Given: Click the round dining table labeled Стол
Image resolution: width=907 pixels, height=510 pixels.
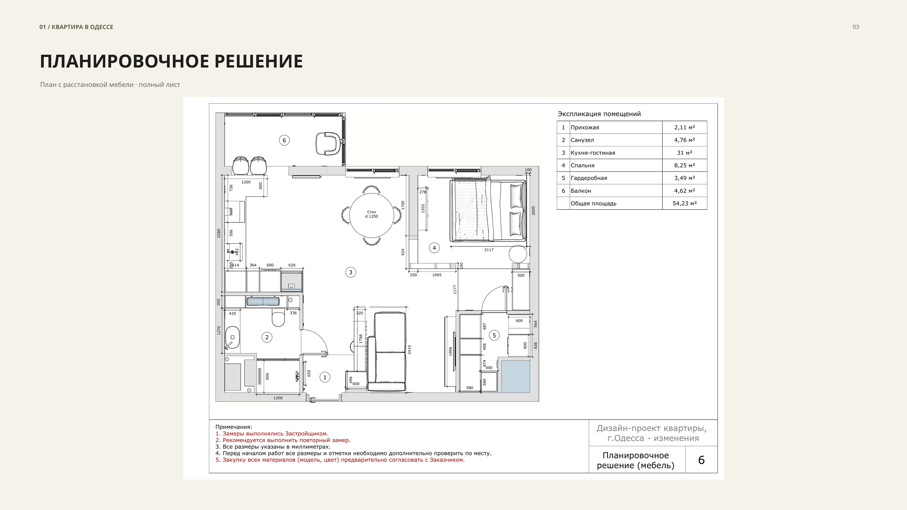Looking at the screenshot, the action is [371, 215].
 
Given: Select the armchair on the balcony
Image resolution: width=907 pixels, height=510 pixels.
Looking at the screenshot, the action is [328, 143].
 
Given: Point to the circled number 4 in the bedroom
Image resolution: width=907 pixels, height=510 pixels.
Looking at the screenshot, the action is [434, 248].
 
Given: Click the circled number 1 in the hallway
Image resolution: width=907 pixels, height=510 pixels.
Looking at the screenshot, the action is [325, 377].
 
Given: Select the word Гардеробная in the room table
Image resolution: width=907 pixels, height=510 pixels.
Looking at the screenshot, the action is [589, 178].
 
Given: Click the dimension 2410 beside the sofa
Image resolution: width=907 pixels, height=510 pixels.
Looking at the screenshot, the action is [409, 350].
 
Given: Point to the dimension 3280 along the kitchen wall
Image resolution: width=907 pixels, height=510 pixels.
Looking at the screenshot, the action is [219, 233].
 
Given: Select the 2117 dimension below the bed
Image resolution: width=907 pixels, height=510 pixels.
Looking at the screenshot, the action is [489, 250].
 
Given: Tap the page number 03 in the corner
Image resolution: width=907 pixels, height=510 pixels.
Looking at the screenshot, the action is [856, 27].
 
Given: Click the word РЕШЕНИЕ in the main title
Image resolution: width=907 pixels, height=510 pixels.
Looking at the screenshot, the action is [258, 61].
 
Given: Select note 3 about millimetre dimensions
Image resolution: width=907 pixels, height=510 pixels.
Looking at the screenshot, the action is [273, 447].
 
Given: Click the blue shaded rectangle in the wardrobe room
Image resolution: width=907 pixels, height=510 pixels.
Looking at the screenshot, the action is [515, 376].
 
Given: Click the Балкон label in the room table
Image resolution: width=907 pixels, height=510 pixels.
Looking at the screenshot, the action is [581, 191].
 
